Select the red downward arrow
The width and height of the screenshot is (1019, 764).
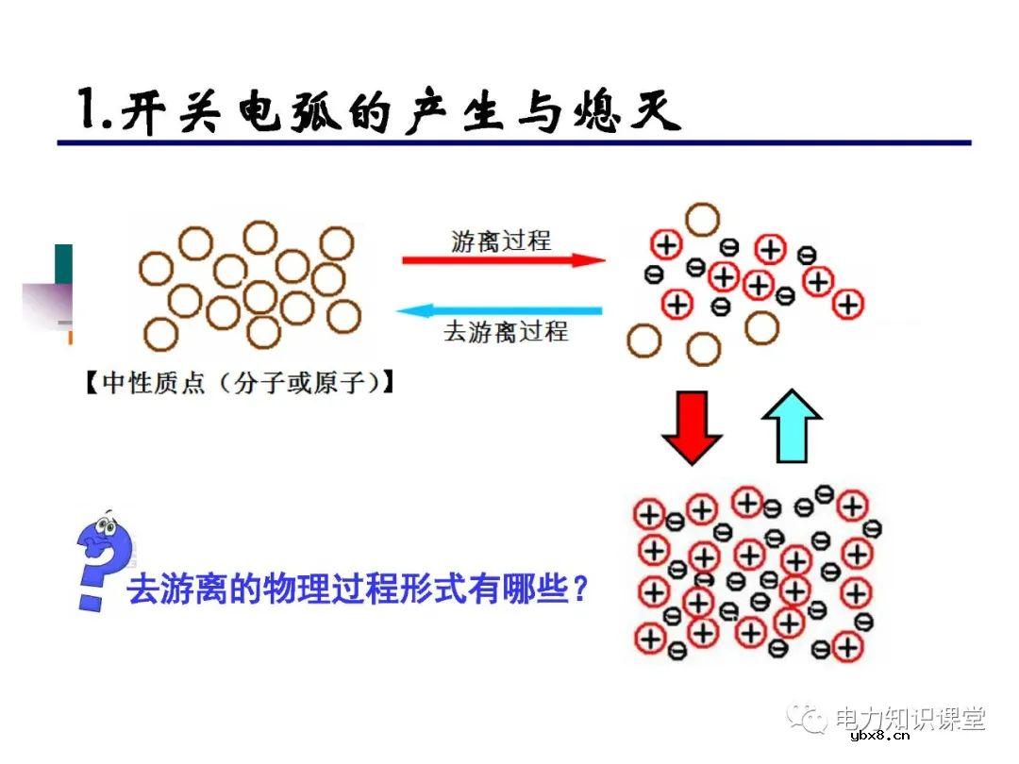[692, 425]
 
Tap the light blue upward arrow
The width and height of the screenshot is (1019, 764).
[792, 425]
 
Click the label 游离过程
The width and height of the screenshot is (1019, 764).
[501, 241]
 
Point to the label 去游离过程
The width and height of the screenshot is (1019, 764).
[506, 331]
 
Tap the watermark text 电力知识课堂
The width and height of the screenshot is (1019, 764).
[910, 718]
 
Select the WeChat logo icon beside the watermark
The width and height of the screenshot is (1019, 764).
[810, 719]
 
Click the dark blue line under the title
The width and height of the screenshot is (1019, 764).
[514, 142]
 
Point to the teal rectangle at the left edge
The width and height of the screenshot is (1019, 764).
[63, 264]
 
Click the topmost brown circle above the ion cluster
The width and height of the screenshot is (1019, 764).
[702, 219]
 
